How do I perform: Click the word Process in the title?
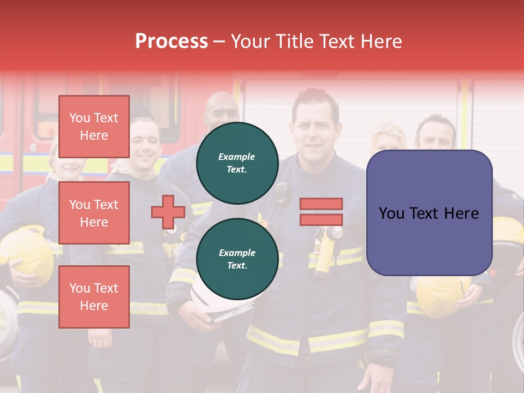coord(171,41)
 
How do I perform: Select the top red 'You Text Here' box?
coord(94,127)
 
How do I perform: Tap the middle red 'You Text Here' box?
coord(94,213)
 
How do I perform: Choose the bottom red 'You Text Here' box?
coord(94,297)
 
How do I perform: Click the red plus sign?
coord(168,212)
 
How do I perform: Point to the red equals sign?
coord(321,212)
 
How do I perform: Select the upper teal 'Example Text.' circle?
coord(237,163)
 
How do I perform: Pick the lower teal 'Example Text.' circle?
coord(237,259)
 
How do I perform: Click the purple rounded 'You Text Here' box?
coord(429,213)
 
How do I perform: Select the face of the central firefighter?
coord(315,131)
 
